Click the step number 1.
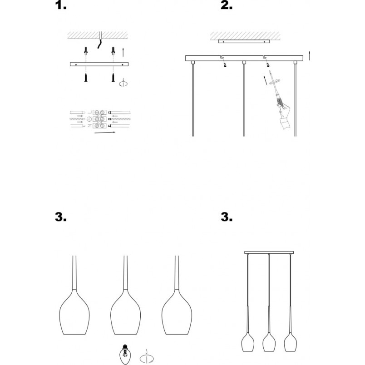(x=60, y=5)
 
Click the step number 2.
(x=226, y=5)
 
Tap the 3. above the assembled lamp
(x=226, y=217)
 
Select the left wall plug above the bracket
(x=86, y=50)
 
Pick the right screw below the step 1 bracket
(x=113, y=78)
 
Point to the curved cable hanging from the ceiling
(x=100, y=44)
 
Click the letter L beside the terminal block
(x=90, y=113)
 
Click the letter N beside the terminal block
(x=90, y=126)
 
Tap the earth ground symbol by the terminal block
(x=89, y=119)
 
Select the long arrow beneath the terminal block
(x=105, y=133)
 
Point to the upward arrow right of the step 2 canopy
(x=309, y=56)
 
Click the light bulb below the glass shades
(x=125, y=354)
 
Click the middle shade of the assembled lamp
(x=269, y=342)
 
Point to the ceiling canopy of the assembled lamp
(x=269, y=252)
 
